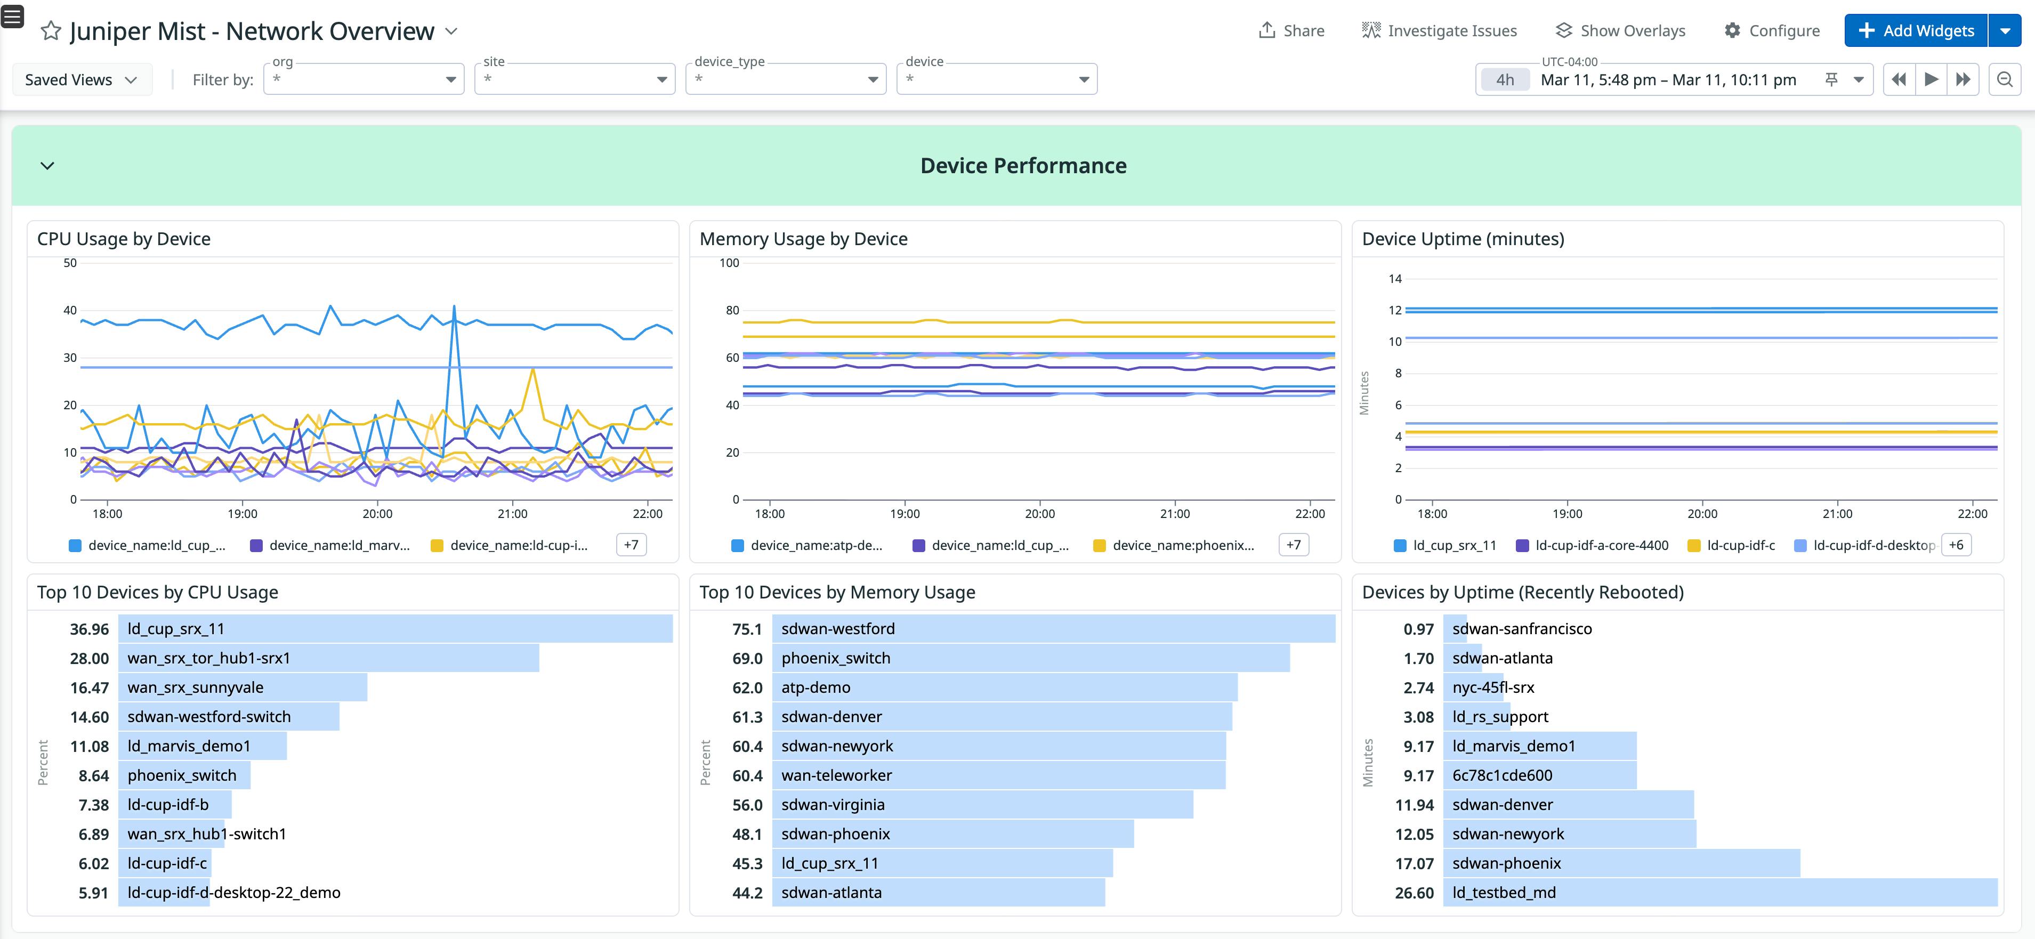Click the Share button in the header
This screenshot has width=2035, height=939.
[1291, 31]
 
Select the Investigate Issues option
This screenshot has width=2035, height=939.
[1439, 31]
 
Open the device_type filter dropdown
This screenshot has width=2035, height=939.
[785, 79]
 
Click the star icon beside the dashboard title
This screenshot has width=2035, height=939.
[51, 31]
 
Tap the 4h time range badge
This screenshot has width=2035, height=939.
[1504, 80]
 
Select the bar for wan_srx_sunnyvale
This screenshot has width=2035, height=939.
[243, 687]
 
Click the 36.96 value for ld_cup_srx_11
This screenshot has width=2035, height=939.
[89, 629]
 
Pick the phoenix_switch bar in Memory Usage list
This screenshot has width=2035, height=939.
[1030, 658]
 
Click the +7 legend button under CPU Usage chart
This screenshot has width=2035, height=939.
[631, 545]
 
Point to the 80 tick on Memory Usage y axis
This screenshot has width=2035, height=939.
[732, 310]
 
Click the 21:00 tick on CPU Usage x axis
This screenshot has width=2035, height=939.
[512, 513]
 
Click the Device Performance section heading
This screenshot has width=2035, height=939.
[1023, 166]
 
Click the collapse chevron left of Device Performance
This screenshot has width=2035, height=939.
[47, 166]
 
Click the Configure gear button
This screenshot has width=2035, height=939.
[1772, 31]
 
